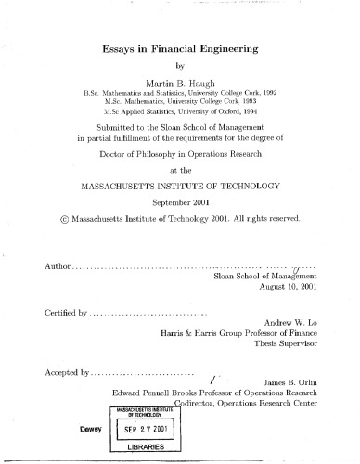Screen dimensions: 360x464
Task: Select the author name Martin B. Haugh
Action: (179, 83)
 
